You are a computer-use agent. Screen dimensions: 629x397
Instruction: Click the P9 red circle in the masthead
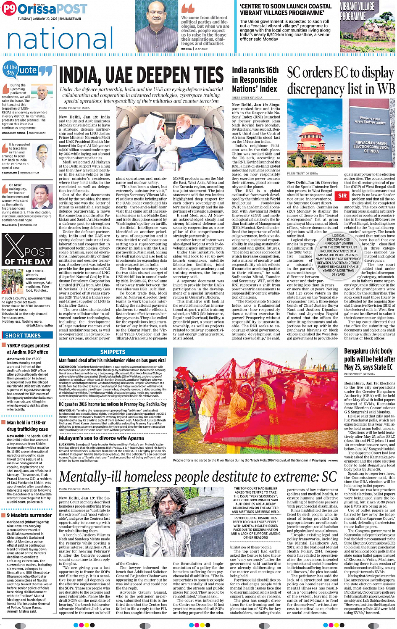tap(9, 9)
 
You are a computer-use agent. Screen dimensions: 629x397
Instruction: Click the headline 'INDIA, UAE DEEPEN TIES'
tap(141, 75)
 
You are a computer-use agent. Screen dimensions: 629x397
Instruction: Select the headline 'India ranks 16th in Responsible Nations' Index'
tap(255, 79)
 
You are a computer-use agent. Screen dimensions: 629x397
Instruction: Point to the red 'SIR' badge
tap(342, 195)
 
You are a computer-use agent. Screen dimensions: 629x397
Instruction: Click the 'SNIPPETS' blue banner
tap(113, 352)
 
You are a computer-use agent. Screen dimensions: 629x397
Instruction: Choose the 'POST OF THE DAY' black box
tap(27, 250)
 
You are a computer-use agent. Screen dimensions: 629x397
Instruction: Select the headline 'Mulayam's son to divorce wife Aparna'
tap(101, 438)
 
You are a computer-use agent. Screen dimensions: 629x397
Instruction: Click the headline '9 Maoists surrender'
tap(29, 515)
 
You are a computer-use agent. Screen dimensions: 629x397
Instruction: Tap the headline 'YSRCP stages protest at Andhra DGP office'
tap(28, 349)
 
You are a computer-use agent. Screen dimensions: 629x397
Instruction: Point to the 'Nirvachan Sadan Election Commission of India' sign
tap(371, 147)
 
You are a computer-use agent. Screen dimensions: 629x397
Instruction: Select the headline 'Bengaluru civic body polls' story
tap(369, 359)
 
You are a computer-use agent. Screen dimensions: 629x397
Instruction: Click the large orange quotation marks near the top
tap(188, 9)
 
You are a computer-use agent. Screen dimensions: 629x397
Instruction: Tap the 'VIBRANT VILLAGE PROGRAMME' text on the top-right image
tap(357, 11)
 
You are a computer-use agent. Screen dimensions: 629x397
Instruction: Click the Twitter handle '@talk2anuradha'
tap(39, 325)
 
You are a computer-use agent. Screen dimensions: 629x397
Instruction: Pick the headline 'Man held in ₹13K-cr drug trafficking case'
tap(27, 426)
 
